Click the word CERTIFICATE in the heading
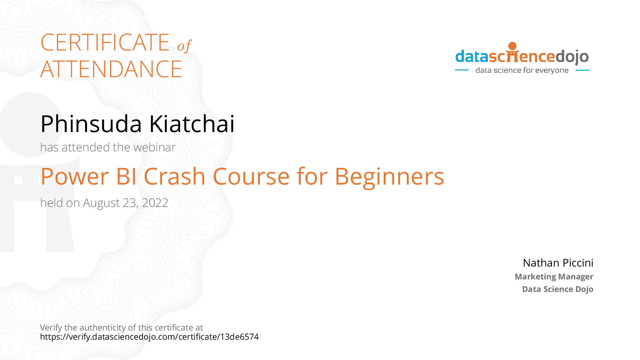tap(105, 42)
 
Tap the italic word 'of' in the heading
tap(185, 46)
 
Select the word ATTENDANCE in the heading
tap(111, 69)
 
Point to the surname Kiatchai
tap(192, 124)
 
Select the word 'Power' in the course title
tap(75, 176)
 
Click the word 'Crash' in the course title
tap(175, 176)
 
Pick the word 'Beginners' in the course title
tap(389, 177)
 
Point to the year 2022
tap(155, 203)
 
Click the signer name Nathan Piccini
tap(558, 263)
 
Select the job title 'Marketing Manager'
tap(554, 277)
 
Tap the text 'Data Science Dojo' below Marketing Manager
tap(558, 289)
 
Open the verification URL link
tap(149, 337)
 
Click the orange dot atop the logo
tap(513, 46)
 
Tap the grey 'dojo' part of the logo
tap(572, 57)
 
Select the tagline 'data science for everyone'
tap(522, 70)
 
